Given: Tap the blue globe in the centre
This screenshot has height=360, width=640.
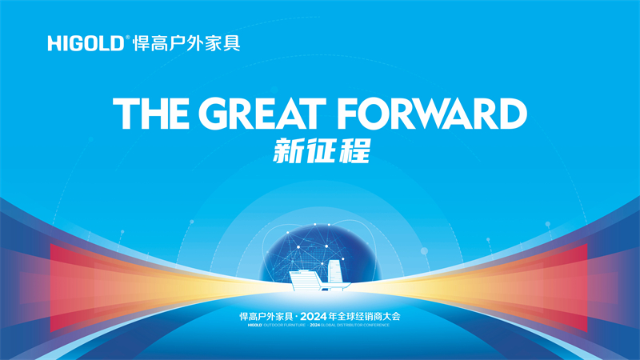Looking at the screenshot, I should click(320, 248).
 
